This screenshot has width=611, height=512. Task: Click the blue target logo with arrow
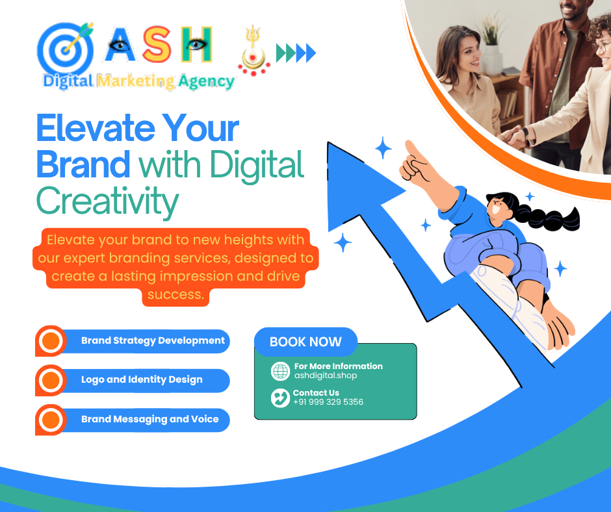[x=65, y=49]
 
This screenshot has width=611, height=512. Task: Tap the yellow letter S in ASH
[x=157, y=45]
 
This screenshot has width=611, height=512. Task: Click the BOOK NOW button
[x=305, y=342]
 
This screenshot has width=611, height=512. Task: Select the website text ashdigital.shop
[x=326, y=376]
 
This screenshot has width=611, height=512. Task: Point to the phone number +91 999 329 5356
[x=328, y=402]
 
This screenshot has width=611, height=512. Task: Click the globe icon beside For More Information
[x=280, y=371]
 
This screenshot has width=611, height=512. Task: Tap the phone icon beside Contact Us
[x=280, y=398]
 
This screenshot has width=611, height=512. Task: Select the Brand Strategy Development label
[x=153, y=340]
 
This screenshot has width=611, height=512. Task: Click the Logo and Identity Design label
[x=142, y=379]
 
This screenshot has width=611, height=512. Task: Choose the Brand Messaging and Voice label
[x=149, y=419]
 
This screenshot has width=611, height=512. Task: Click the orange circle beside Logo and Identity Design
[x=51, y=380]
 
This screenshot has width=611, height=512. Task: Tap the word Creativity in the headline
[x=107, y=202]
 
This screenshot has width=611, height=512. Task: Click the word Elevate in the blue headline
[x=96, y=128]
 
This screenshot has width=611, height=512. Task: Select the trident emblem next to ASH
[x=253, y=51]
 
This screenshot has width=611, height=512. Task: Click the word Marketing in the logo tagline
[x=136, y=81]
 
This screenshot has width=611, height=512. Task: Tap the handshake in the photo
[x=513, y=137]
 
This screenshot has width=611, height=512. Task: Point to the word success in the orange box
[x=175, y=294]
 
